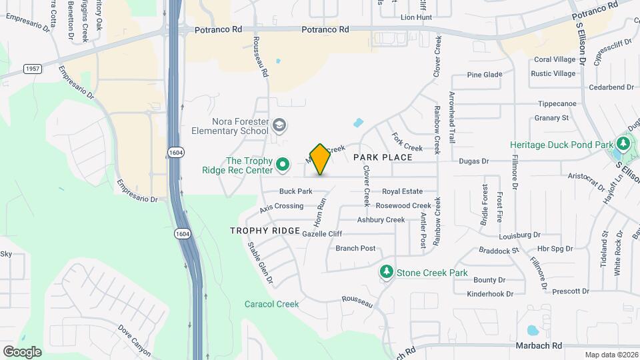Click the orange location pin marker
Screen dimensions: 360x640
320,159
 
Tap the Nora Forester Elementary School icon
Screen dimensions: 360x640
280,125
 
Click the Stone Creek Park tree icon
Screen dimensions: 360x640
386,272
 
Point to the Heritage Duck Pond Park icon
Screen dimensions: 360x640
623,144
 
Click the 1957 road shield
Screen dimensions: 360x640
31,69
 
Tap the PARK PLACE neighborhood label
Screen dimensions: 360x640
383,157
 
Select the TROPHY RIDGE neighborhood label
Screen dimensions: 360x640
265,231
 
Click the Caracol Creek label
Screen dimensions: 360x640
271,304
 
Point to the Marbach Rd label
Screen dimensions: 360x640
539,345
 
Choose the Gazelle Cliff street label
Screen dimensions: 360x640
322,234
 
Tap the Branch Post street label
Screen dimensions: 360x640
355,248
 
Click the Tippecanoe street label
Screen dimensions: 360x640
557,104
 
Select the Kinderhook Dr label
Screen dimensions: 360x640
489,293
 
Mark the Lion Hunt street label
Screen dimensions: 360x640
416,17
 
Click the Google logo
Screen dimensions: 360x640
22,351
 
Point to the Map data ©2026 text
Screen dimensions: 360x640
611,355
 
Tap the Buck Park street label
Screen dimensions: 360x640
295,191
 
